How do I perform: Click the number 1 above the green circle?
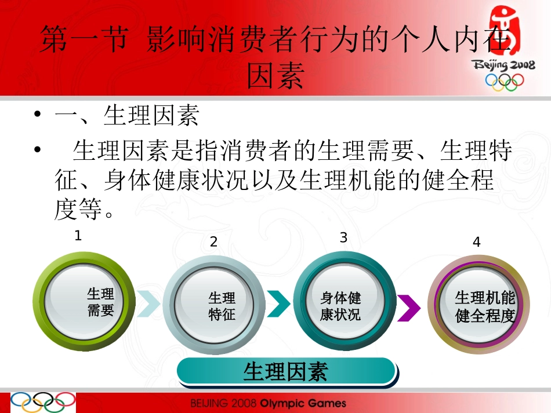[78, 236]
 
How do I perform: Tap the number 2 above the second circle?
[213, 242]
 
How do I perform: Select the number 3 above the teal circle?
[343, 237]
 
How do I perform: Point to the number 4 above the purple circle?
[477, 242]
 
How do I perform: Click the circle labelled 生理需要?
[84, 302]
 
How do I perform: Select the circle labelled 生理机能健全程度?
[478, 308]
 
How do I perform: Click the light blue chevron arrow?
[148, 303]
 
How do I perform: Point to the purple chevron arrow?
[409, 307]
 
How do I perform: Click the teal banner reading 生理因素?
[287, 371]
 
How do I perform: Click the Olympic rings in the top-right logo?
[504, 82]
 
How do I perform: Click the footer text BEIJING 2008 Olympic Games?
[268, 403]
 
